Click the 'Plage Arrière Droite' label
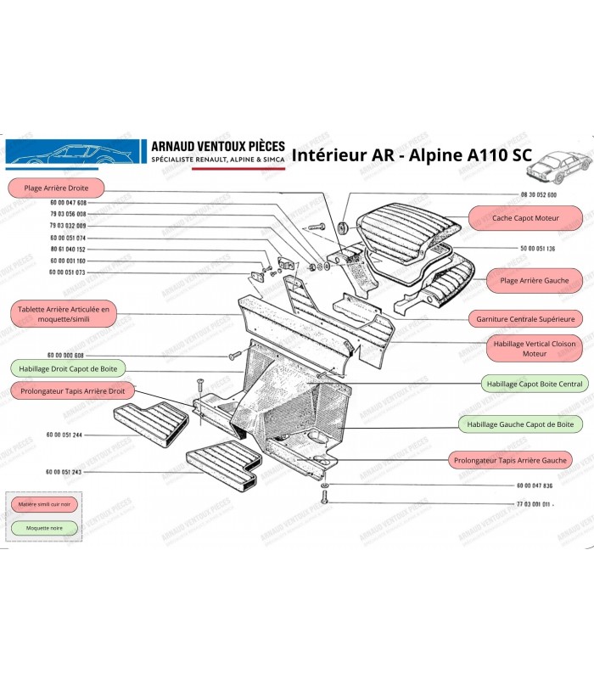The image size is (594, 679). coord(56,187)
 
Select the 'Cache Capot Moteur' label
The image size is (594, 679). coord(525,218)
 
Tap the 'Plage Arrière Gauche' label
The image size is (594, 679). coord(534,280)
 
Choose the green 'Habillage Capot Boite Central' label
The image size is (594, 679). coord(535,384)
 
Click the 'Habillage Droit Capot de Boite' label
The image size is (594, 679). coord(67,368)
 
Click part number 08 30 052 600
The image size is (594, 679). coord(540,194)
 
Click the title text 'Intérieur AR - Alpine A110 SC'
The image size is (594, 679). coord(412,155)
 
